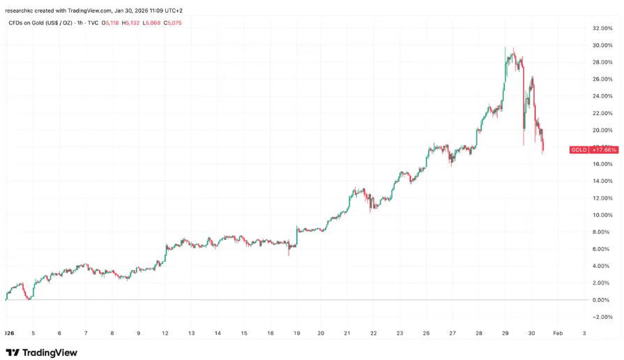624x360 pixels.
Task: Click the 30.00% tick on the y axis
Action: [x=601, y=45]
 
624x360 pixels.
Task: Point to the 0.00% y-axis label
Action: [x=602, y=300]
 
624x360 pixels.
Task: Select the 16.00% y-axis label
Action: [x=601, y=164]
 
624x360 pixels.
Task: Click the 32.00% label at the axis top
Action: [x=601, y=29]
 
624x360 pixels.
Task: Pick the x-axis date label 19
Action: [x=298, y=333]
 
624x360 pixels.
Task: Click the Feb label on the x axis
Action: [x=557, y=333]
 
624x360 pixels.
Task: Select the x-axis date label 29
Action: [x=504, y=333]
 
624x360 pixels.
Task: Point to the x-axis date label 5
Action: [x=33, y=333]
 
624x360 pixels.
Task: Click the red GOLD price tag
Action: [x=579, y=150]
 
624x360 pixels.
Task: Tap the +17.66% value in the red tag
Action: [x=604, y=150]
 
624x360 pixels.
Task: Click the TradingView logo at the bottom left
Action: [x=42, y=352]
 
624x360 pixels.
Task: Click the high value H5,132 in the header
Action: [x=131, y=23]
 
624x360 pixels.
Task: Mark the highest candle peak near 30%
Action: [x=505, y=47]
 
